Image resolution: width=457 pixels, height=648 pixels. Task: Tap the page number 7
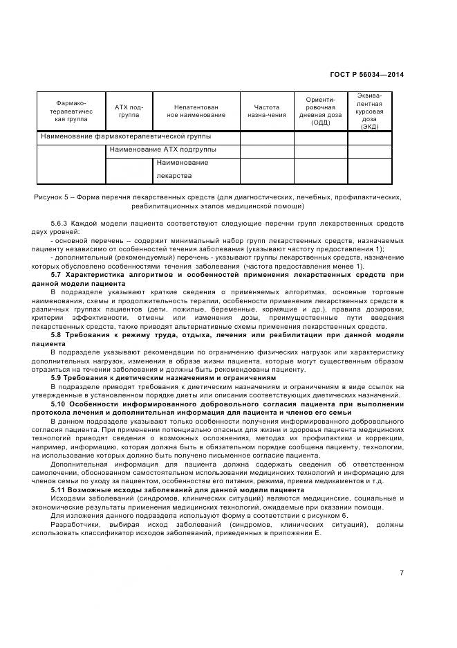click(402, 573)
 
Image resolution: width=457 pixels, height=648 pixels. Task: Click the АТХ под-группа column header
click(129, 111)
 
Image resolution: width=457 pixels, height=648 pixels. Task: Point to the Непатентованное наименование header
click(196, 111)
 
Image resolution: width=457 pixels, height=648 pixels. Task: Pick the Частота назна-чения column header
click(266, 111)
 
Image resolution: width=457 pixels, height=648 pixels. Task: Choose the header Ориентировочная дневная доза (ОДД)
click(320, 111)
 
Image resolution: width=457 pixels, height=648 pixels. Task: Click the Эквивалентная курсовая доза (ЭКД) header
click(369, 111)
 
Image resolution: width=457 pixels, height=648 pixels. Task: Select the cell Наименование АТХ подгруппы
click(162, 149)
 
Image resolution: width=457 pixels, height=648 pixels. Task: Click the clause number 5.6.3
click(60, 224)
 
